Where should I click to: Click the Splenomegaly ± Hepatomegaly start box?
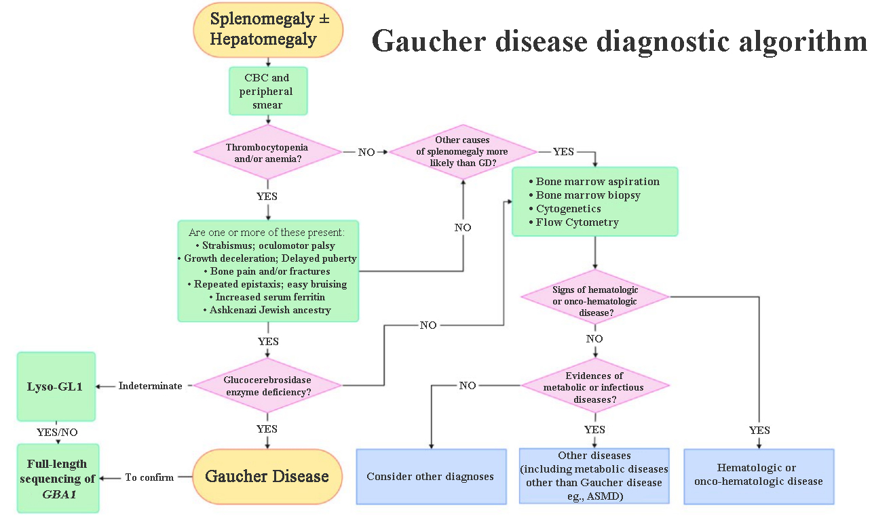269,30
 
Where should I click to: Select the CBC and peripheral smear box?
268,91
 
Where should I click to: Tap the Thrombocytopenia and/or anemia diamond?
267,152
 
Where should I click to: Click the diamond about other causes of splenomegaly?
463,152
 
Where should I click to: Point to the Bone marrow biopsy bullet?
588,195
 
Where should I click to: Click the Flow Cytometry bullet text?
577,222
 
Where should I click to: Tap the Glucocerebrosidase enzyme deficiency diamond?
267,385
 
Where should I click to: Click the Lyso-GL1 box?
56,386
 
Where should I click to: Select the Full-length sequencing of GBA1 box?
57,478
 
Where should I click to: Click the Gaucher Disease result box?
267,477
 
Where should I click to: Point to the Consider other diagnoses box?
431,477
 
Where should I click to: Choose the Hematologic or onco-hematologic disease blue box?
758,475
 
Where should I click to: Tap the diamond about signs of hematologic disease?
594,296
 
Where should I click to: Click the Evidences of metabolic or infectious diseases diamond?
594,386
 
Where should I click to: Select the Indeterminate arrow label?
150,386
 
